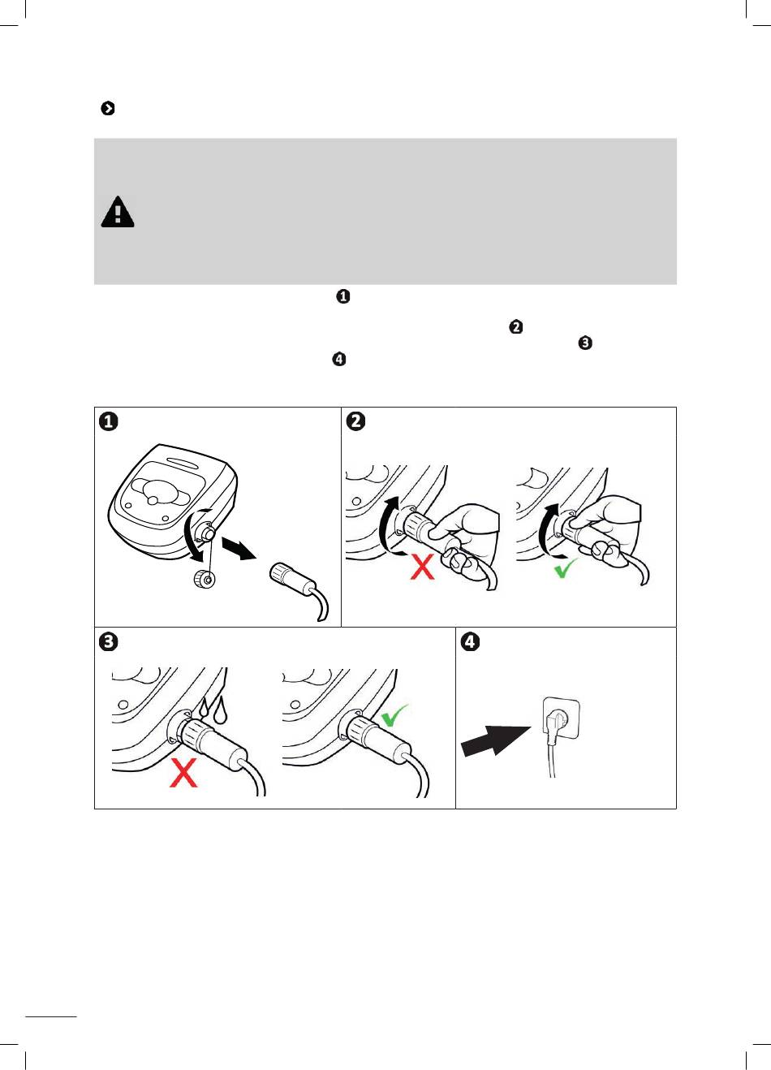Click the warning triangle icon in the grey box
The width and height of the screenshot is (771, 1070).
118,212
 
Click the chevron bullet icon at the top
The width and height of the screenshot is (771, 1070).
107,108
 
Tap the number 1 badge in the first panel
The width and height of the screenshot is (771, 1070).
108,421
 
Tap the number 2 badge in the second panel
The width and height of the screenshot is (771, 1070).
355,421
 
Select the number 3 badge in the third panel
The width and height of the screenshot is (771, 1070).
108,641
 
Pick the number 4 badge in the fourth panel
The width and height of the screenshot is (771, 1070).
470,641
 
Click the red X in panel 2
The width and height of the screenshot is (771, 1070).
422,566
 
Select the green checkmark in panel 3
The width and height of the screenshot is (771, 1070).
395,714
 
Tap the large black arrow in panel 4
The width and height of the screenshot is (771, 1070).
494,739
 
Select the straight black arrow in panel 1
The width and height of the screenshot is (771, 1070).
241,551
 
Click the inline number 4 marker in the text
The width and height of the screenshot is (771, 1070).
339,360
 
